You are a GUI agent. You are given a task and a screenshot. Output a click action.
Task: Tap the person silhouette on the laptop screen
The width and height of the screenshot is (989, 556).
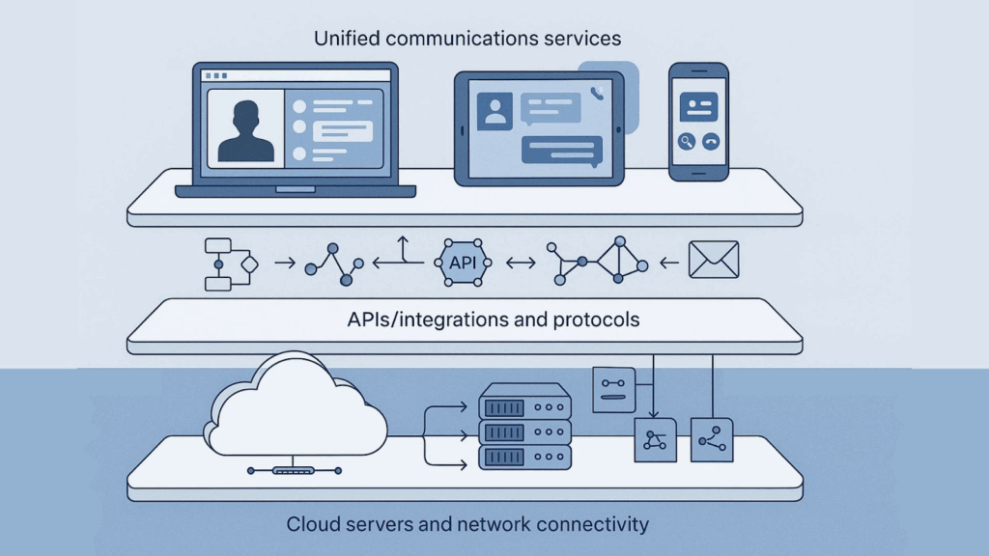tap(245, 129)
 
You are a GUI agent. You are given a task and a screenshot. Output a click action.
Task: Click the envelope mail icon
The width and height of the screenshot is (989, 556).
tap(713, 261)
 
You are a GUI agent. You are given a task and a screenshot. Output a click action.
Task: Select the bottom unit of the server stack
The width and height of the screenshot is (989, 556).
tap(525, 456)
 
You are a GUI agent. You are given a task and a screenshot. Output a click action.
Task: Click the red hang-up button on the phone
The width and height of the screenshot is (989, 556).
tap(711, 141)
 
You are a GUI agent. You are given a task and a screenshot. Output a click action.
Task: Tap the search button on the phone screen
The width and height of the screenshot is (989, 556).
tap(687, 141)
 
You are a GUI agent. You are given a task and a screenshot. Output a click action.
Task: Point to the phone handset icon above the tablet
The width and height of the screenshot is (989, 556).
tap(599, 93)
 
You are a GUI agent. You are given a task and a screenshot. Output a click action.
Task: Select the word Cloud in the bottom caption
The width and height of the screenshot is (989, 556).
tap(312, 525)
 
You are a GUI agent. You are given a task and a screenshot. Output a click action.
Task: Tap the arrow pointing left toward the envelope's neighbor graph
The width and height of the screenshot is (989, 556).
tap(666, 262)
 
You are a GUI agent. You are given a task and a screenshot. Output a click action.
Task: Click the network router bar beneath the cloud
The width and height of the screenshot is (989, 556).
tap(294, 471)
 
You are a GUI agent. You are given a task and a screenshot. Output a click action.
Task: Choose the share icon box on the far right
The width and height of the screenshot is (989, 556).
tap(713, 439)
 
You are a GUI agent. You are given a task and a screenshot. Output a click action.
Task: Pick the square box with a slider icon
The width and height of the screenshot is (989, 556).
tap(613, 390)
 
